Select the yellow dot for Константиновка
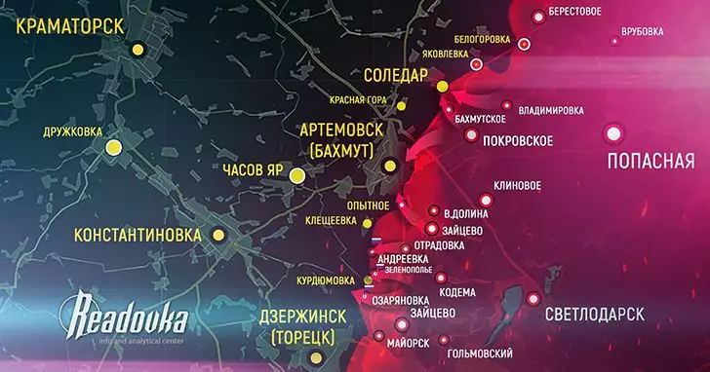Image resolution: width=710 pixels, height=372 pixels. [223, 235]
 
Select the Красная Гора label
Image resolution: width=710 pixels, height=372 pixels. [355, 99]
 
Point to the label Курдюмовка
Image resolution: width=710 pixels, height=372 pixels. [325, 280]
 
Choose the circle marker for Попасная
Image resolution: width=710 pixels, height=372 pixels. [613, 133]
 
